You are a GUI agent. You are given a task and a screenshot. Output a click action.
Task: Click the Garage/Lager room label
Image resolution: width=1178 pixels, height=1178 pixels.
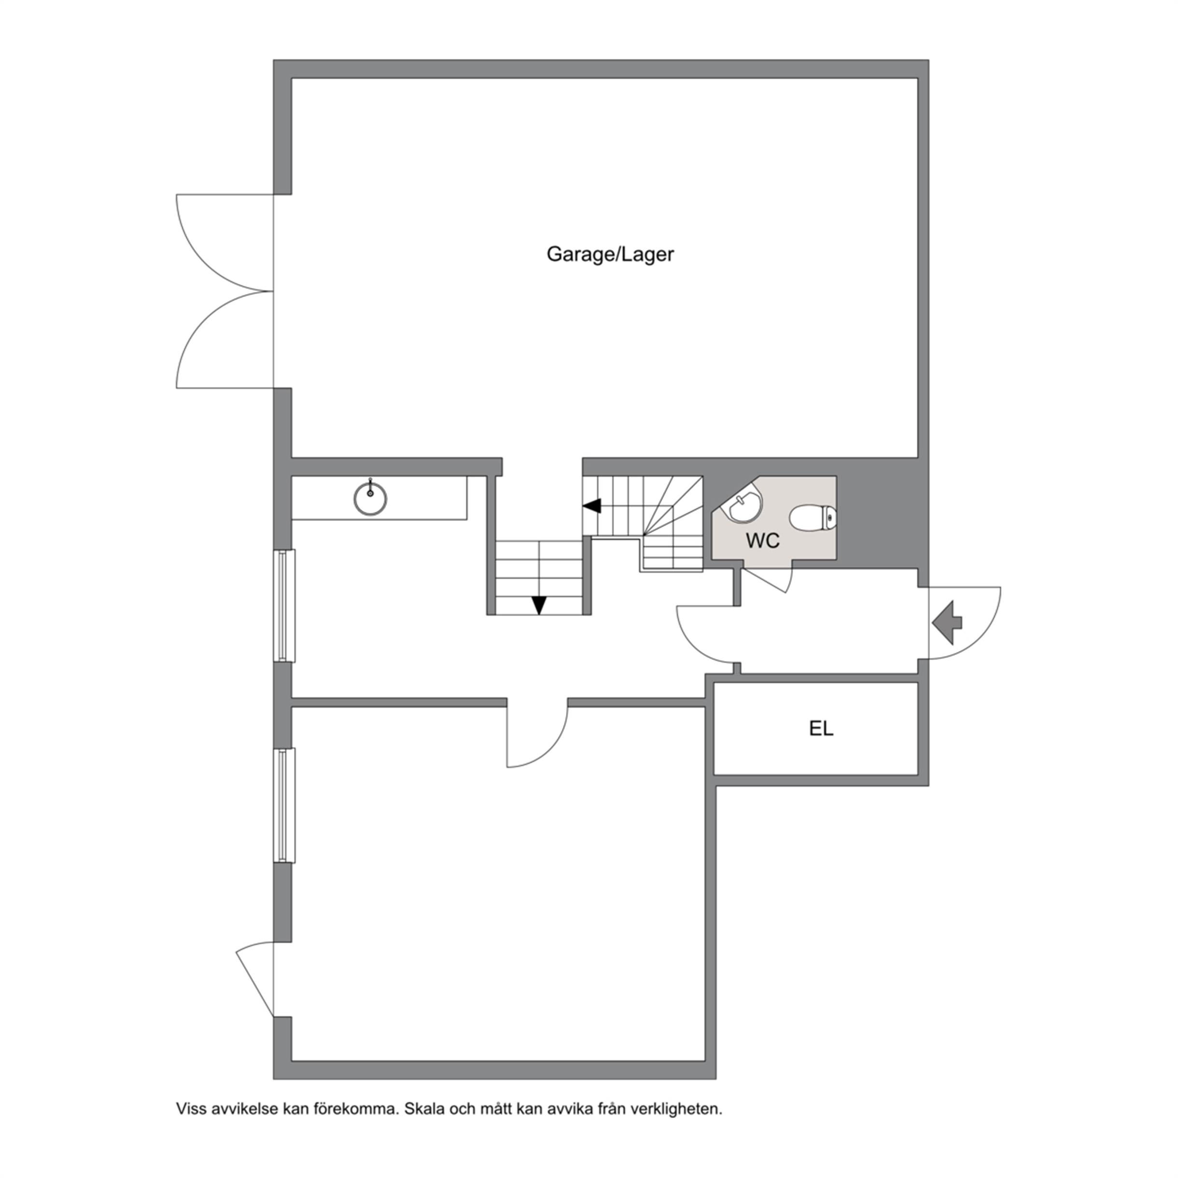point(610,254)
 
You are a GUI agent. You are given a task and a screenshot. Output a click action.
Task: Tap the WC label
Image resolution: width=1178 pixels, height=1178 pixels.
point(763,540)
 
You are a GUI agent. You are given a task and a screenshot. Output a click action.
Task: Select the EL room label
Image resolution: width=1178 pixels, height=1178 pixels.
point(821,728)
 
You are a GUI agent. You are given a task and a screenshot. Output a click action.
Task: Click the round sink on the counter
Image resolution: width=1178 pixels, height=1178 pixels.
point(370,498)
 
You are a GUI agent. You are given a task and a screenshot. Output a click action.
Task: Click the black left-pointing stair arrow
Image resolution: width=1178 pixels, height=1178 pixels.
point(592,506)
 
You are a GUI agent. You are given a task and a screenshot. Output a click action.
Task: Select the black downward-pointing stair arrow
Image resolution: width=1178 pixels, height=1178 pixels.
point(539,605)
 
